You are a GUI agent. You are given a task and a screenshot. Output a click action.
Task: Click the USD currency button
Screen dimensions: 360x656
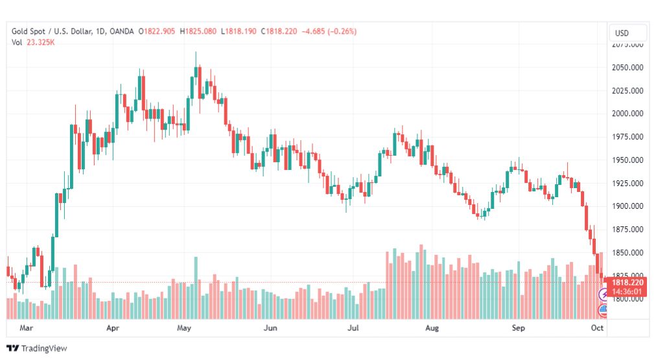(x=622, y=33)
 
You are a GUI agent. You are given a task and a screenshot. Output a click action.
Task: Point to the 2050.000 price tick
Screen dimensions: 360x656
(x=627, y=67)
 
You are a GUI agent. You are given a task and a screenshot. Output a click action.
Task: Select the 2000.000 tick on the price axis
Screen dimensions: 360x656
(x=627, y=114)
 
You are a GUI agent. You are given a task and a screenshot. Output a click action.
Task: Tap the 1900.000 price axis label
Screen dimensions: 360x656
(x=627, y=206)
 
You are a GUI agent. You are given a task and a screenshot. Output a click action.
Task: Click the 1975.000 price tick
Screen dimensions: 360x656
(x=627, y=137)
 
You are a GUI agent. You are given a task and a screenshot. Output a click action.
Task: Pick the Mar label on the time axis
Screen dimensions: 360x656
(x=26, y=328)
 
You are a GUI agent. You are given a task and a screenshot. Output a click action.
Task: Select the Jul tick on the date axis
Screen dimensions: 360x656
(x=353, y=328)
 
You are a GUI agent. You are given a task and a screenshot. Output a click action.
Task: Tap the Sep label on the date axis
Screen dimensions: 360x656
(x=518, y=328)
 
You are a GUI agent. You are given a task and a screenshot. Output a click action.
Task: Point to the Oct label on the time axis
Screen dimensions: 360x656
(x=597, y=328)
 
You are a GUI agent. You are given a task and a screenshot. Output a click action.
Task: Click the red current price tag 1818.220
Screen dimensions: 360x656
(x=627, y=283)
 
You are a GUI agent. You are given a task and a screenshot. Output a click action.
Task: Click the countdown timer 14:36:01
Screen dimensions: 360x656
(x=627, y=291)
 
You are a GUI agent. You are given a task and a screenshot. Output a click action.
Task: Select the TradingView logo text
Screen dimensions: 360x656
(x=43, y=348)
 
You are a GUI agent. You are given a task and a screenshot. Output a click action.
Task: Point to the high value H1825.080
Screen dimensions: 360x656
(x=200, y=31)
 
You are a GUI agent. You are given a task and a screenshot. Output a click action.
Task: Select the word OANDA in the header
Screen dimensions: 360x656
(x=123, y=31)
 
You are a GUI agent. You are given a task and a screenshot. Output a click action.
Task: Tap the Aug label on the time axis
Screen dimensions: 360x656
(x=432, y=328)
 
